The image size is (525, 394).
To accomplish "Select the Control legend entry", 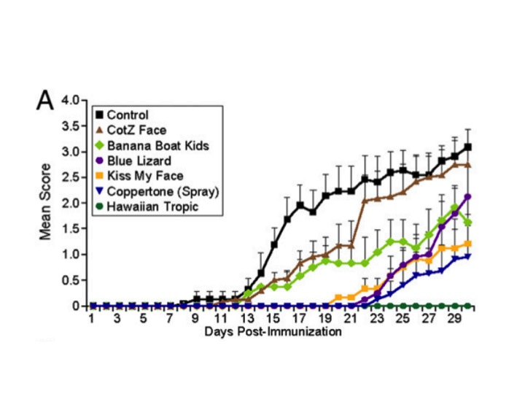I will pyautogui.click(x=127, y=115).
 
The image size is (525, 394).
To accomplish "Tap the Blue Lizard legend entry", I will pyautogui.click(x=139, y=161).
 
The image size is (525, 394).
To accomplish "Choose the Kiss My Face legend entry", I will pyautogui.click(x=142, y=176).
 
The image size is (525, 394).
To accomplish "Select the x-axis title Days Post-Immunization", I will pyautogui.click(x=274, y=333).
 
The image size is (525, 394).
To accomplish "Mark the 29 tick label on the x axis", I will pyautogui.click(x=454, y=320).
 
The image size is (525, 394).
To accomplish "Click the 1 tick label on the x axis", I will pyautogui.click(x=92, y=320).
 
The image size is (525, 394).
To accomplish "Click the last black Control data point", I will pyautogui.click(x=467, y=147).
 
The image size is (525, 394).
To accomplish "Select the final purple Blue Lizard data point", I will pyautogui.click(x=467, y=197).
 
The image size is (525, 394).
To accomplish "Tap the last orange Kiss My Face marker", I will pyautogui.click(x=467, y=244).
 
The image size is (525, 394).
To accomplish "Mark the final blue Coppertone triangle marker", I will pyautogui.click(x=467, y=256).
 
